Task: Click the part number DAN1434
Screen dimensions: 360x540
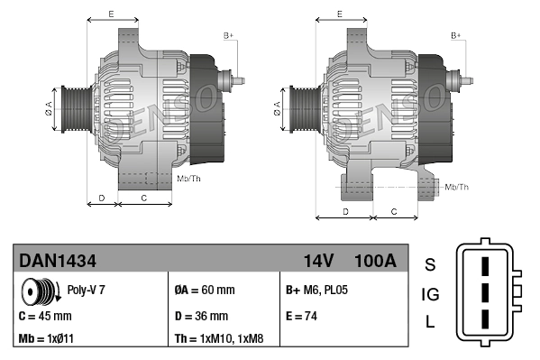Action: pyautogui.click(x=58, y=261)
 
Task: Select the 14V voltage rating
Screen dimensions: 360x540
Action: pyautogui.click(x=318, y=261)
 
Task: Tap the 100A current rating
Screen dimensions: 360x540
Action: pyautogui.click(x=375, y=261)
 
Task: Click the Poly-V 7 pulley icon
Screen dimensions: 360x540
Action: pyautogui.click(x=38, y=291)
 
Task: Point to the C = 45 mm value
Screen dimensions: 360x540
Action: pyautogui.click(x=45, y=317)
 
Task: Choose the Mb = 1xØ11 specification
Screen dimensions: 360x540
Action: pyautogui.click(x=48, y=340)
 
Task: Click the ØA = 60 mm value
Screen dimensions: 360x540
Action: pyautogui.click(x=204, y=291)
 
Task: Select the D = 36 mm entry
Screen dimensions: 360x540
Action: pyautogui.click(x=200, y=317)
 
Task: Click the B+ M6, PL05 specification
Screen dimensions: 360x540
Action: pyautogui.click(x=316, y=291)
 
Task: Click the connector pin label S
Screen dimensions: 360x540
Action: pyautogui.click(x=430, y=264)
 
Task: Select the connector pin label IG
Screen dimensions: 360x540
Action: pyautogui.click(x=430, y=294)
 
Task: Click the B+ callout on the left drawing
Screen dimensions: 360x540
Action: pyautogui.click(x=228, y=35)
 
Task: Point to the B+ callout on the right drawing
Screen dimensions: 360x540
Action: pyautogui.click(x=456, y=35)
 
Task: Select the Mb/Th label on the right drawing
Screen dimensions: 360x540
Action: pyautogui.click(x=457, y=187)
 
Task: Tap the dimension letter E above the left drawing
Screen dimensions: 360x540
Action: pyautogui.click(x=110, y=14)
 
